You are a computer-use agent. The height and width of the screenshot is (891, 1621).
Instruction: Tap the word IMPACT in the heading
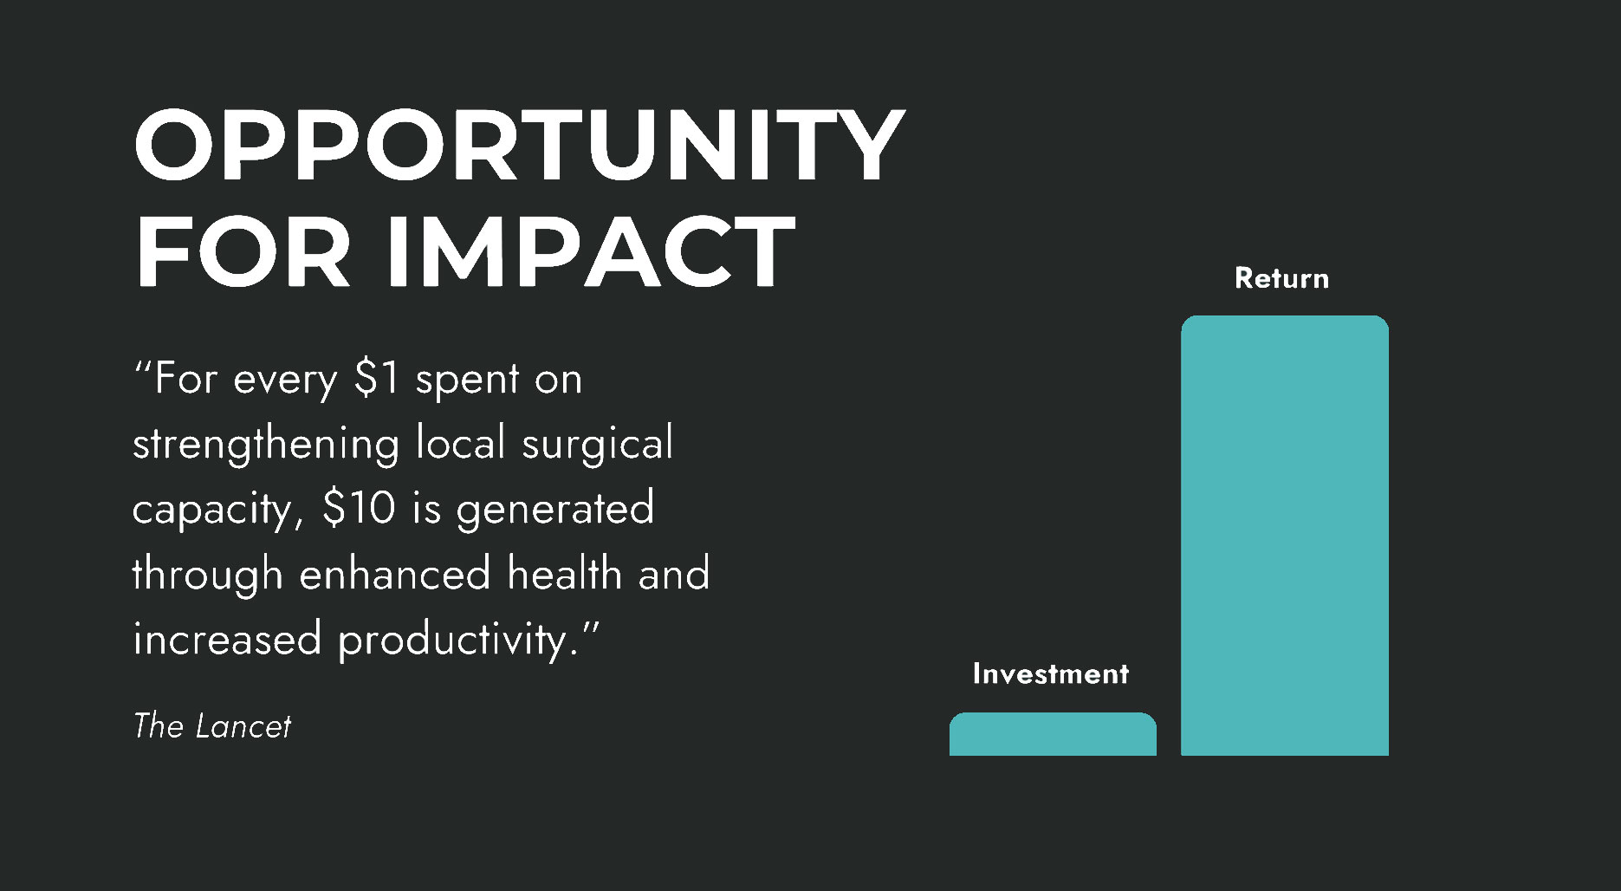590,251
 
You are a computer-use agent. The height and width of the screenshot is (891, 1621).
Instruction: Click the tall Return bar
1285,536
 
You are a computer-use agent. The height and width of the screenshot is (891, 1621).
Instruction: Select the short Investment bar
1053,734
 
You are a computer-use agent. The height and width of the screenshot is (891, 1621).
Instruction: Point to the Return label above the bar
1281,278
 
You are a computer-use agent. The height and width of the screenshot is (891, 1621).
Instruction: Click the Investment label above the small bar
1051,673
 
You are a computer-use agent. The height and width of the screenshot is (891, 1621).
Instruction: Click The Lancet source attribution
212,726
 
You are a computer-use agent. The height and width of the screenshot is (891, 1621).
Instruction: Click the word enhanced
395,573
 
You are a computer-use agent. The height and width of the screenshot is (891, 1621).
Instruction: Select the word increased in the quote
227,639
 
